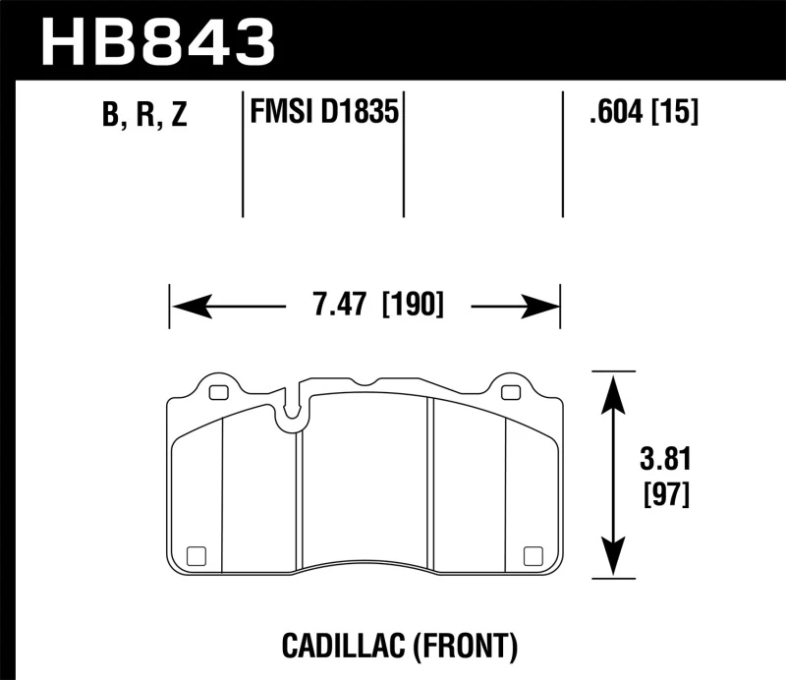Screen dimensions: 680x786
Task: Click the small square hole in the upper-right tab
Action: point(510,393)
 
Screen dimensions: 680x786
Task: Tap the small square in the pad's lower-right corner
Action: point(536,553)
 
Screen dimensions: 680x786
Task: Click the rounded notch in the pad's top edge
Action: point(289,419)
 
